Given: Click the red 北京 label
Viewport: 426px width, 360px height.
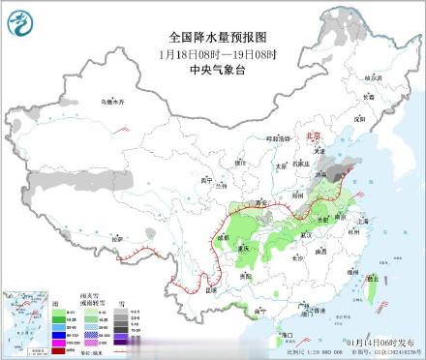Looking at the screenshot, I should point(311,136).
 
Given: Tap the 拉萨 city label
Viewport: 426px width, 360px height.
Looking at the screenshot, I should point(117,237).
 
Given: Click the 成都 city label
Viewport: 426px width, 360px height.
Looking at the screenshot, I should point(224,236).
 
